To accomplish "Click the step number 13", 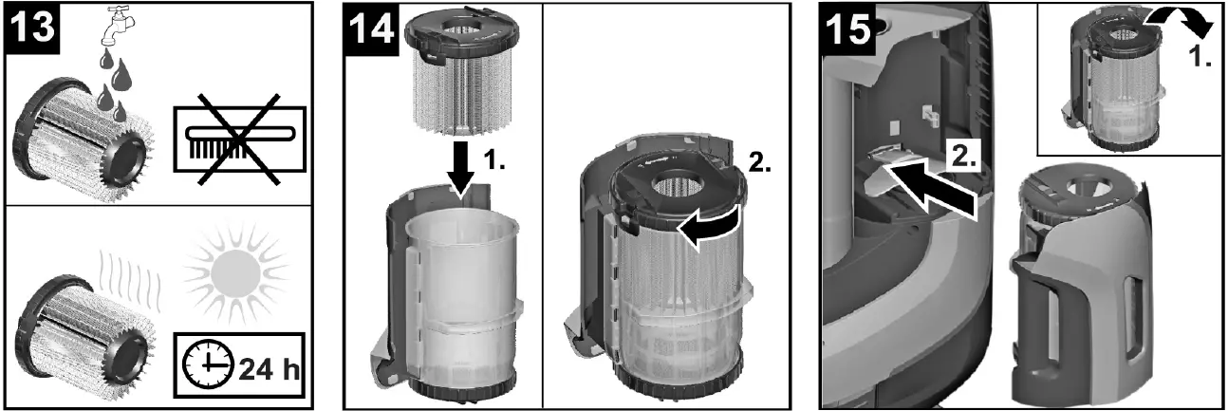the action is [x=32, y=28].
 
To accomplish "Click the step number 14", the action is [x=371, y=28].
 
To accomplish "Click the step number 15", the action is [x=847, y=28].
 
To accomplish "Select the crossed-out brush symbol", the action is [x=238, y=140].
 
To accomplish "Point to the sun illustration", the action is [x=235, y=272].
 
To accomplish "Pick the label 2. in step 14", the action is [x=759, y=161].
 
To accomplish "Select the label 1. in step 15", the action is [x=1201, y=56].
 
